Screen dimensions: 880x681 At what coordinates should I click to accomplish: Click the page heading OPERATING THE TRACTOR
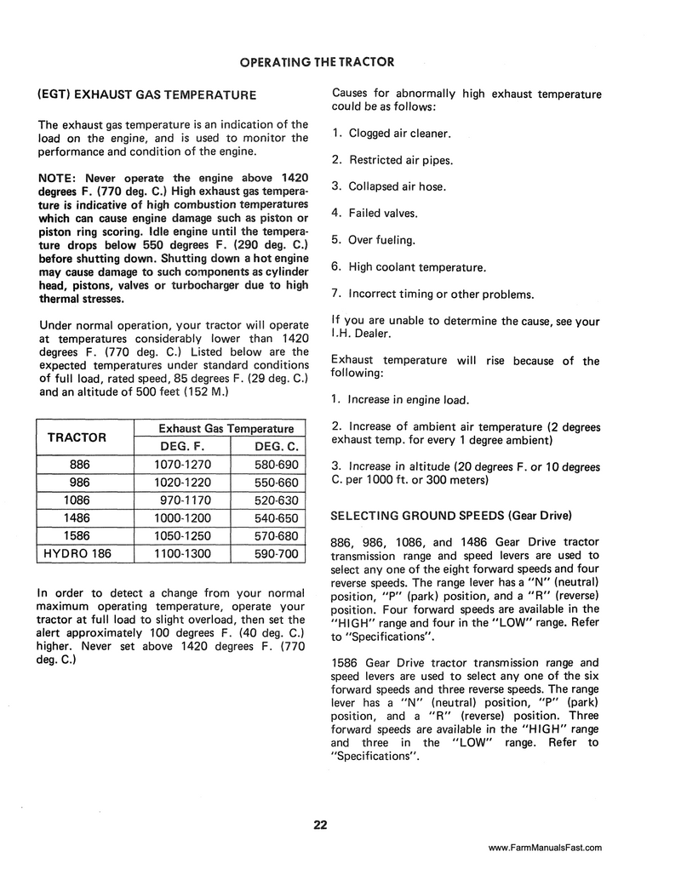[x=317, y=62]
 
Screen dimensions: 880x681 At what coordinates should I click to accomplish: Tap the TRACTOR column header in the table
[x=77, y=437]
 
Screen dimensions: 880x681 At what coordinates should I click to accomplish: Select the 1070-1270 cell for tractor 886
[x=184, y=465]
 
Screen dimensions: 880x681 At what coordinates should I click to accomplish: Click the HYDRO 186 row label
[x=77, y=553]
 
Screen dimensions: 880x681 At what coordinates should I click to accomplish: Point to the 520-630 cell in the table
[x=277, y=500]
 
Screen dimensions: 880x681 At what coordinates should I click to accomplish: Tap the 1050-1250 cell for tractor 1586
[x=184, y=535]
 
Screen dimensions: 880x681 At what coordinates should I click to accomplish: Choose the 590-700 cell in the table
[x=277, y=553]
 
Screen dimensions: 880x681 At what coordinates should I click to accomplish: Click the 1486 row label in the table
[x=77, y=517]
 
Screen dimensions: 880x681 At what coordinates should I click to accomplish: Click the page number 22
[x=320, y=824]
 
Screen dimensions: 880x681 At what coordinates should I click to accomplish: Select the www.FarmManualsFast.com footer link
[x=546, y=847]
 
